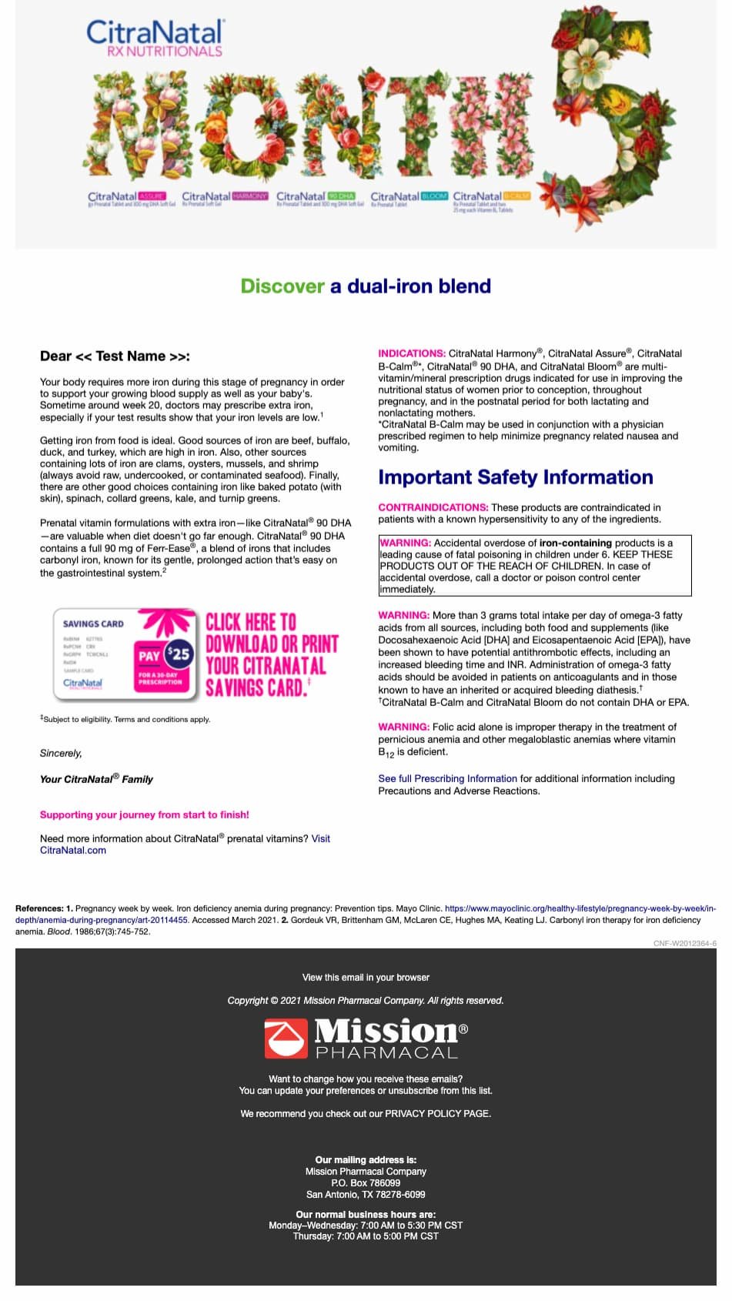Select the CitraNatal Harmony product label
(x=225, y=199)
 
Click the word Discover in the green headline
(x=282, y=286)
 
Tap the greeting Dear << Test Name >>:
(x=115, y=356)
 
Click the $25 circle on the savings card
(x=179, y=654)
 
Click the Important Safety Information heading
(x=515, y=477)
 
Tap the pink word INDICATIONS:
(x=412, y=353)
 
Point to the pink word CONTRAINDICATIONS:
(x=433, y=507)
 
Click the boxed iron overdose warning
(x=534, y=566)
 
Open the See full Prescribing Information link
(x=447, y=778)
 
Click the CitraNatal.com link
(x=73, y=850)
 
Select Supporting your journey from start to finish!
(x=145, y=814)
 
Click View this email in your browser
(x=366, y=978)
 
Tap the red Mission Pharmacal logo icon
(x=285, y=1038)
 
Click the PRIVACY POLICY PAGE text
(x=437, y=1113)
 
